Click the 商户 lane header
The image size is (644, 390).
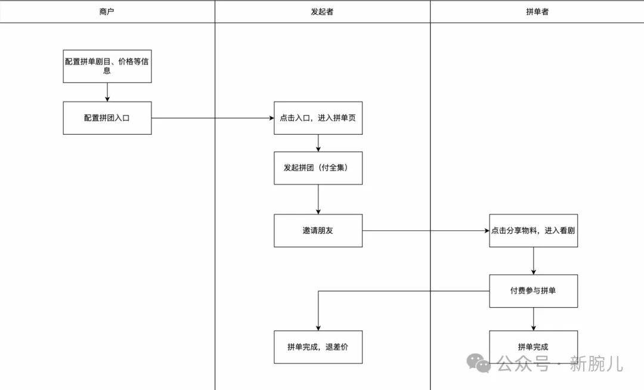click(107, 11)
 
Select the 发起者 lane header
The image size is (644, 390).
click(322, 11)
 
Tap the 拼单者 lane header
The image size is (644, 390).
click(537, 11)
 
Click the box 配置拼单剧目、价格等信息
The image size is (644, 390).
click(107, 66)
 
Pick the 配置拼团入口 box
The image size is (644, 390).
click(107, 118)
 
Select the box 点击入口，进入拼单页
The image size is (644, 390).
click(318, 118)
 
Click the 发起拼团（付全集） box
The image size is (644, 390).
click(318, 168)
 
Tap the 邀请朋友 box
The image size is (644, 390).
click(318, 230)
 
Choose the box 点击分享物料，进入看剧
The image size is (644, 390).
click(533, 230)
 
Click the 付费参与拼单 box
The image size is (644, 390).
click(533, 291)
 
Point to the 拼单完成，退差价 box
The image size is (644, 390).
click(318, 346)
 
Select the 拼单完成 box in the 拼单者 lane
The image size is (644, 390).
click(533, 346)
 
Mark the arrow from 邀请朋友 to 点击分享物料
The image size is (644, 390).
click(426, 230)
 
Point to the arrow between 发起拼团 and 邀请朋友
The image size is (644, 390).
click(318, 199)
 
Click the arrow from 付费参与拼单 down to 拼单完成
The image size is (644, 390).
click(533, 319)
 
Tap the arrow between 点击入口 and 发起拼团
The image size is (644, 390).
click(318, 143)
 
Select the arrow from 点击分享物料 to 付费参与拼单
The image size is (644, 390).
click(533, 261)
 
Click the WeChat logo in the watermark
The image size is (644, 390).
click(479, 362)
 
